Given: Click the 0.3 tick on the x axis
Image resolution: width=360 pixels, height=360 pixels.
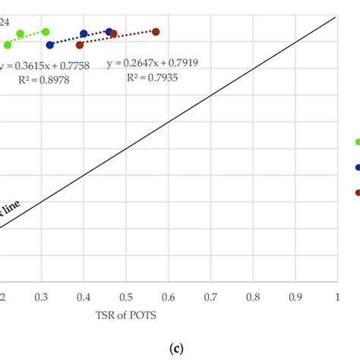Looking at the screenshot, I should click(42, 297).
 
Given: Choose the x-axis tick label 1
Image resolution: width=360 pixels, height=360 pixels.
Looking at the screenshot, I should click(336, 297).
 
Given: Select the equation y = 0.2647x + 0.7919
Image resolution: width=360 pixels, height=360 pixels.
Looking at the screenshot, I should click(153, 63).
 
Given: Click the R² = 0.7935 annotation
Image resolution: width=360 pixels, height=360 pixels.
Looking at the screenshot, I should click(153, 77).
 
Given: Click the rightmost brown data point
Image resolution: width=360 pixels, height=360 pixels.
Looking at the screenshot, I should click(156, 32).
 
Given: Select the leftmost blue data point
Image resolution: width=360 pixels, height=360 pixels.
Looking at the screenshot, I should click(50, 45).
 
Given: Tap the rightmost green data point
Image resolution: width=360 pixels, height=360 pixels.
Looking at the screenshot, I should click(46, 32).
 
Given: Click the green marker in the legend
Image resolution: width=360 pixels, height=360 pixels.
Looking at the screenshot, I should click(356, 141).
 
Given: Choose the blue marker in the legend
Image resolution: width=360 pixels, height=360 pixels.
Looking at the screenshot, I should click(356, 167).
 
